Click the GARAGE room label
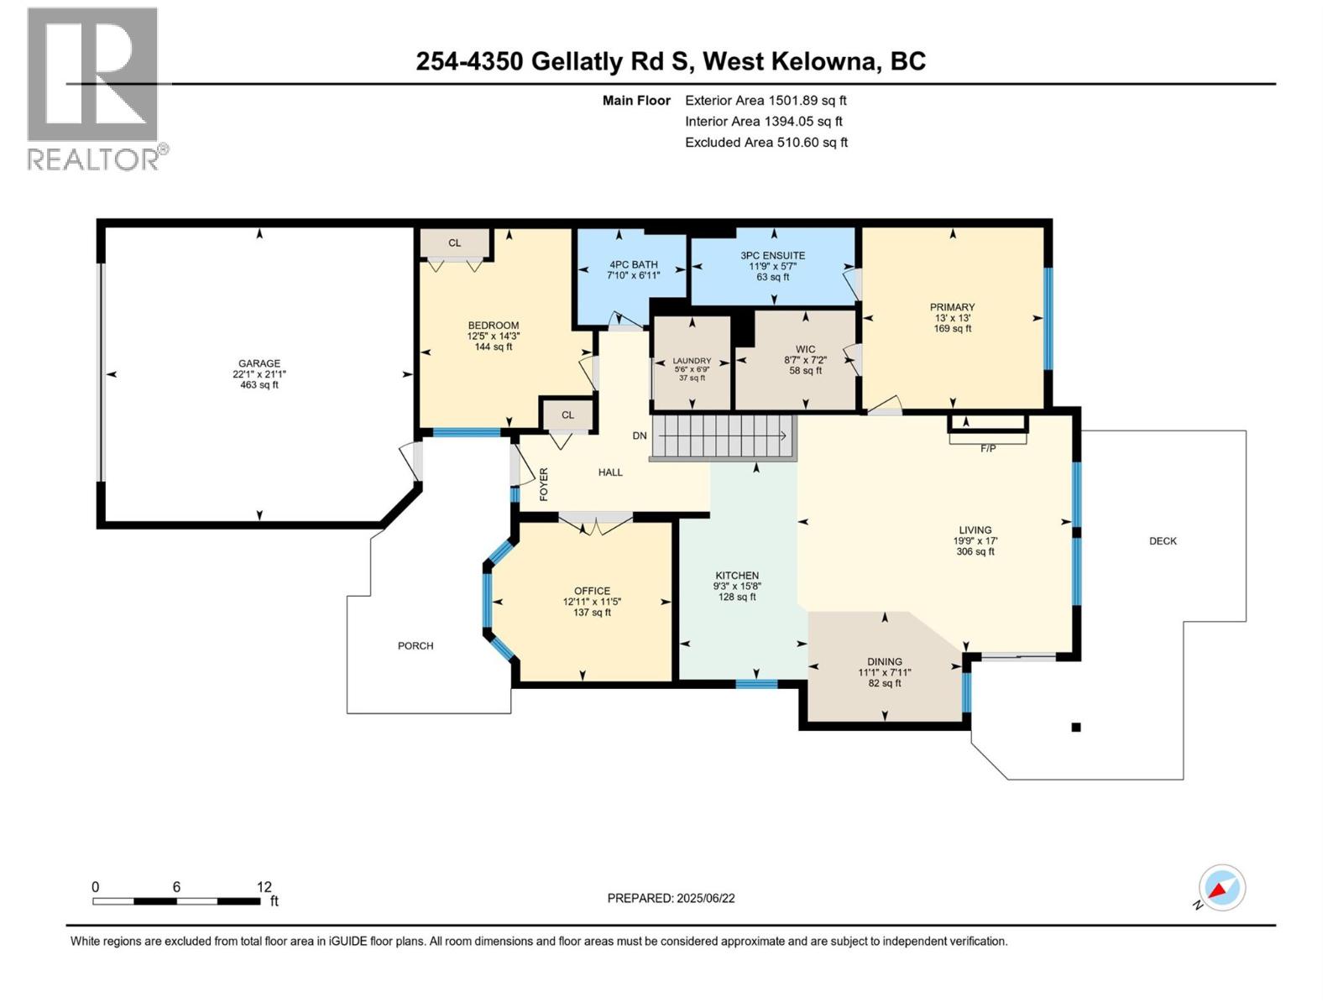pos(259,363)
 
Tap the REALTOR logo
pos(93,88)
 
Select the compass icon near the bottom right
pos(1222,888)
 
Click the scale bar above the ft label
pos(176,901)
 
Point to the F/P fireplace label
pos(988,449)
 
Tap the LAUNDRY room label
pos(692,361)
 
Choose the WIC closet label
pos(805,349)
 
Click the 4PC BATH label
pos(633,264)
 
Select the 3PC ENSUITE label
pos(772,256)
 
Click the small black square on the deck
pos(1076,728)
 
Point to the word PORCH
pos(415,645)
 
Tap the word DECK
pos(1163,541)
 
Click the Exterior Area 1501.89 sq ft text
pos(766,101)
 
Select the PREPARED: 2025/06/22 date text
pos(671,898)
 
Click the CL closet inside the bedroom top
pos(454,243)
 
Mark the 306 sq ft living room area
pos(975,552)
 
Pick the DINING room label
pos(884,661)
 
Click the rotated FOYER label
pos(544,484)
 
